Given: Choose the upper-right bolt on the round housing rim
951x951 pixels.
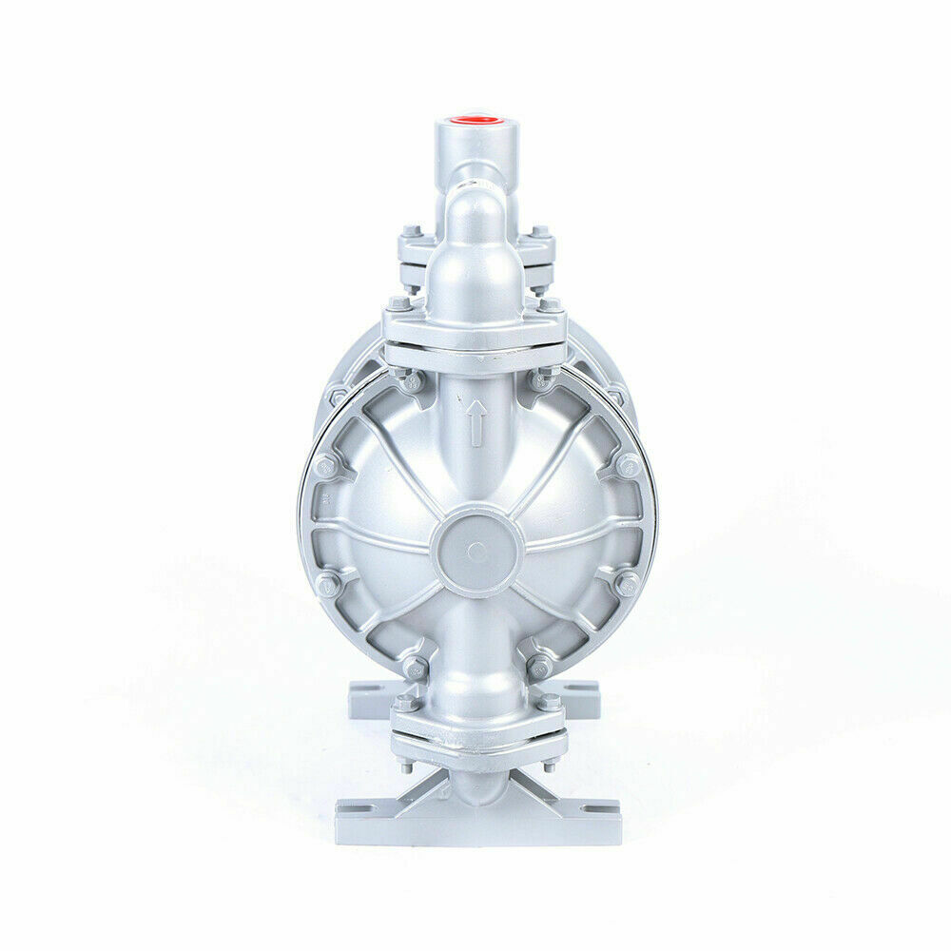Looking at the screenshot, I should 628,466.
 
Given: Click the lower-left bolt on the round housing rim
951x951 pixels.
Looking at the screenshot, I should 326,582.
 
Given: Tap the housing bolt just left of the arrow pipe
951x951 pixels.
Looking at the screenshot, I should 412,382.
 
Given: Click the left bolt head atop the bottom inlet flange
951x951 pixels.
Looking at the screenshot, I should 404,704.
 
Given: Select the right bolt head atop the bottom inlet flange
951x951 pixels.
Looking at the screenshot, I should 549,704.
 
